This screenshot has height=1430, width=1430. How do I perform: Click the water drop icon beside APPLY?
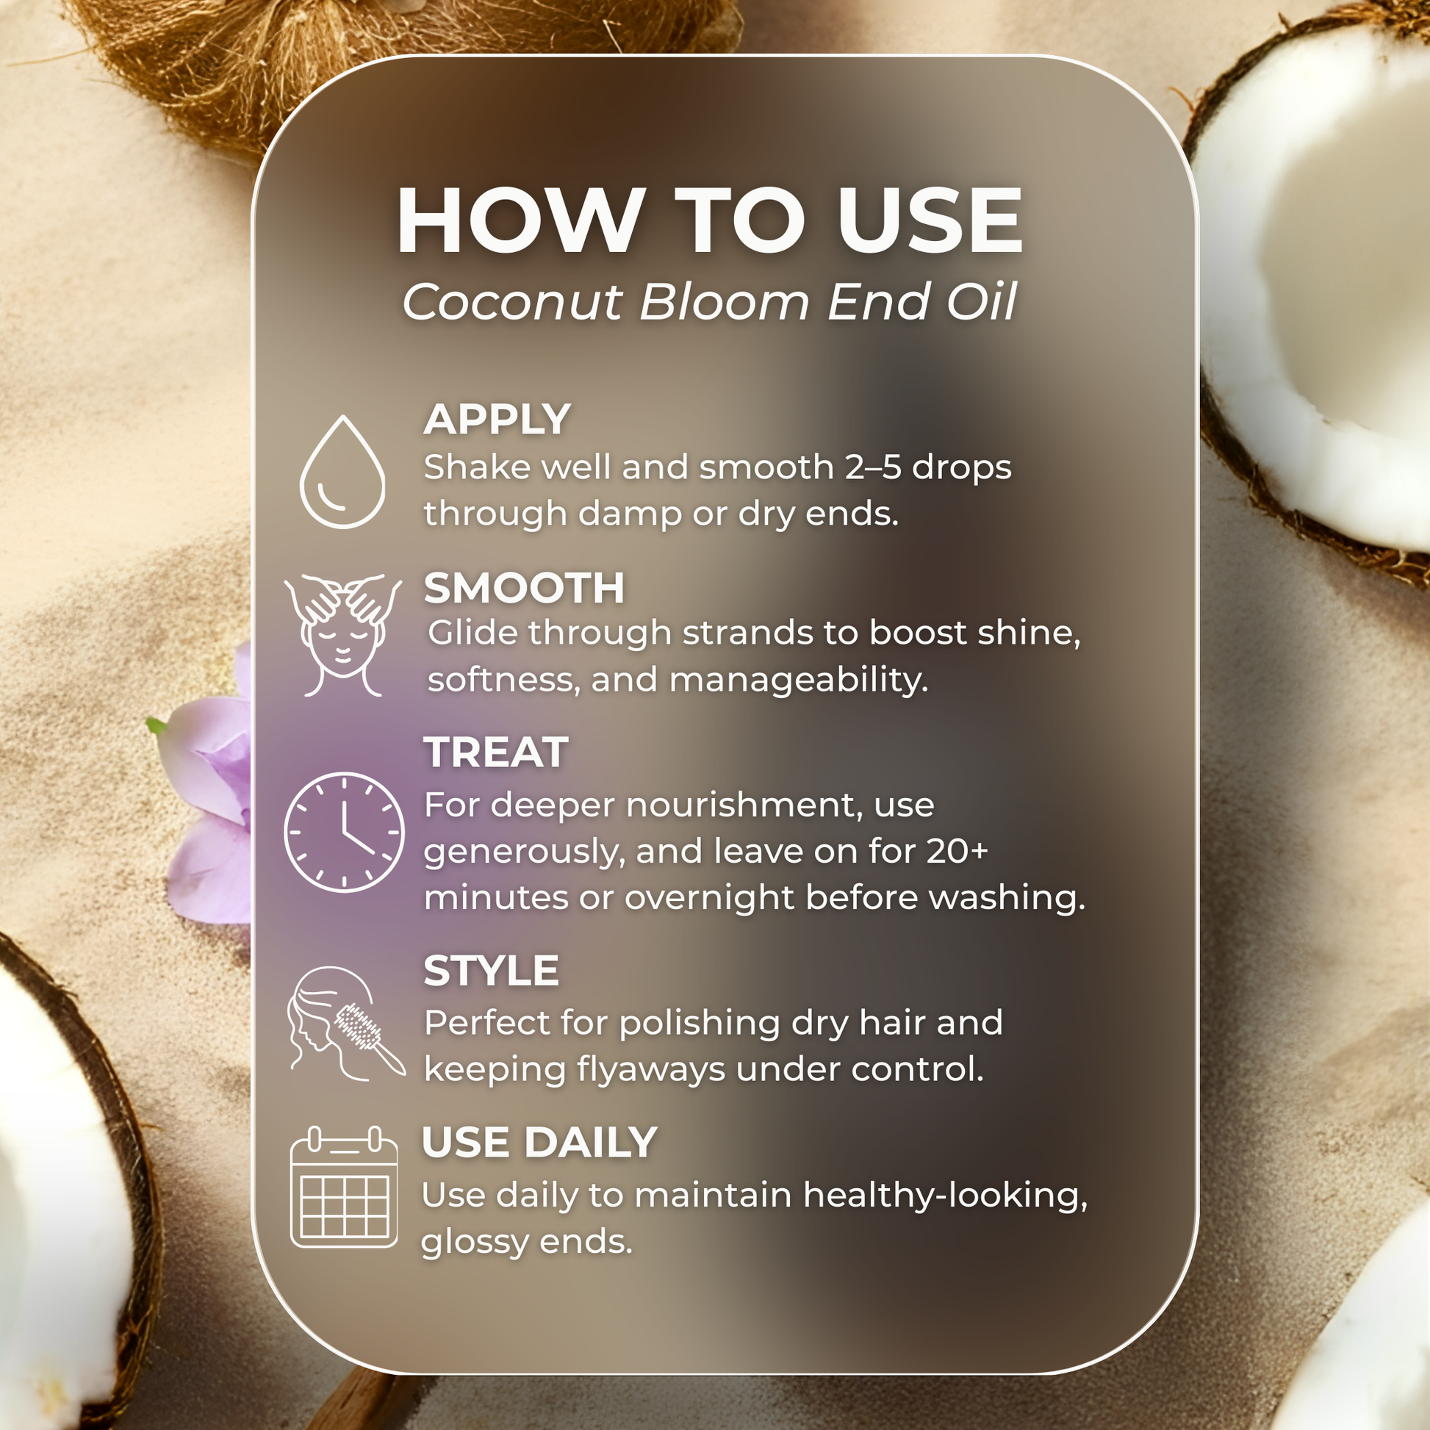coord(342,473)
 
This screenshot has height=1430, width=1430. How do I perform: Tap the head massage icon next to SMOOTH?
coord(342,634)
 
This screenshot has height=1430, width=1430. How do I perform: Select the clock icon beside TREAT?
coord(344,832)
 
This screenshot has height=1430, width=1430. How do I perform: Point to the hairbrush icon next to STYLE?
coord(346,1024)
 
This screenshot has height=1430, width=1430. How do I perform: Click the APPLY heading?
coord(497,420)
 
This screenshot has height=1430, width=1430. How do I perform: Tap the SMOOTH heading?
coord(524,588)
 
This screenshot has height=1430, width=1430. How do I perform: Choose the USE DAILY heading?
coord(539,1142)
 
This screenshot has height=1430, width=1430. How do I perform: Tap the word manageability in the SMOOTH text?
coord(798,680)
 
